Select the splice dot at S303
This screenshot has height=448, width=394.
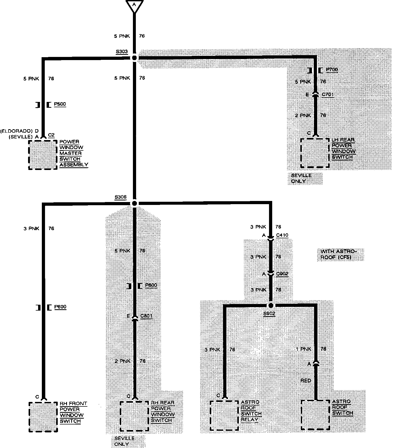(x=135, y=58)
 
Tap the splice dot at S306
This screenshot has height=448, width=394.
(x=135, y=203)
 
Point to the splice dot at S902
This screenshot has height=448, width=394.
(x=271, y=306)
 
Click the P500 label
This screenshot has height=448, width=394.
(x=60, y=104)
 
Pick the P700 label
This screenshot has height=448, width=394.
(x=332, y=70)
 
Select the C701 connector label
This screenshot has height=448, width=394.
(x=328, y=95)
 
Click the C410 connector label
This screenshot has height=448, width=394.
(x=282, y=235)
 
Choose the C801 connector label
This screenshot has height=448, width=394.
(x=146, y=316)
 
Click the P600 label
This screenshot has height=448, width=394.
(x=60, y=307)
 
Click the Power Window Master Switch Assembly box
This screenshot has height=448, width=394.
(x=43, y=155)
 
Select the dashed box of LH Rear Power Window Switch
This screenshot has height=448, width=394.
(x=315, y=153)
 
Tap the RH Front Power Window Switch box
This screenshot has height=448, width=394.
(x=43, y=417)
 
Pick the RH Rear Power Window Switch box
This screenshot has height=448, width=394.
(x=134, y=416)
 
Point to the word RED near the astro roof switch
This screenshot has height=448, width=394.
(x=306, y=381)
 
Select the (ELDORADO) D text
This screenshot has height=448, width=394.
(x=19, y=131)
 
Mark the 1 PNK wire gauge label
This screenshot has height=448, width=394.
(x=303, y=349)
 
